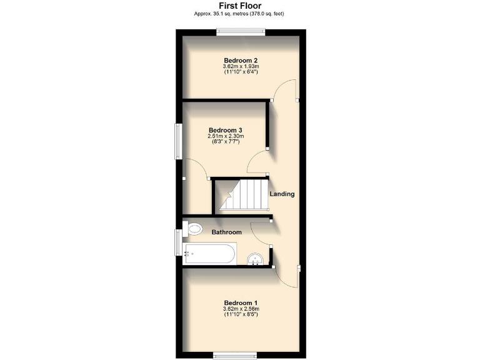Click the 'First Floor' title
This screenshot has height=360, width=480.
240,5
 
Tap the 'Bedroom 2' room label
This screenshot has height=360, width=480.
241,61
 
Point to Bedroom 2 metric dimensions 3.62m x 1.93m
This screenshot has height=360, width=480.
241,67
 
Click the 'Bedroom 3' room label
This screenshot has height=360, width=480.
226,130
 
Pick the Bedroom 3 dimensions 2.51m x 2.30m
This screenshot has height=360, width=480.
226,136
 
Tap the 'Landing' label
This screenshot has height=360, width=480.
282,194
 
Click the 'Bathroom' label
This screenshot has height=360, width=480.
226,232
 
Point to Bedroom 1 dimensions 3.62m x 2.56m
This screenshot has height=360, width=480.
241,309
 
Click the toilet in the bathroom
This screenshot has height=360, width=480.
193,229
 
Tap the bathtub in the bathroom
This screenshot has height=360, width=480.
210,254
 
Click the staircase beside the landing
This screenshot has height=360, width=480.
241,194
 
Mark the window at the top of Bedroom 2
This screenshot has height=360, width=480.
241,32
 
